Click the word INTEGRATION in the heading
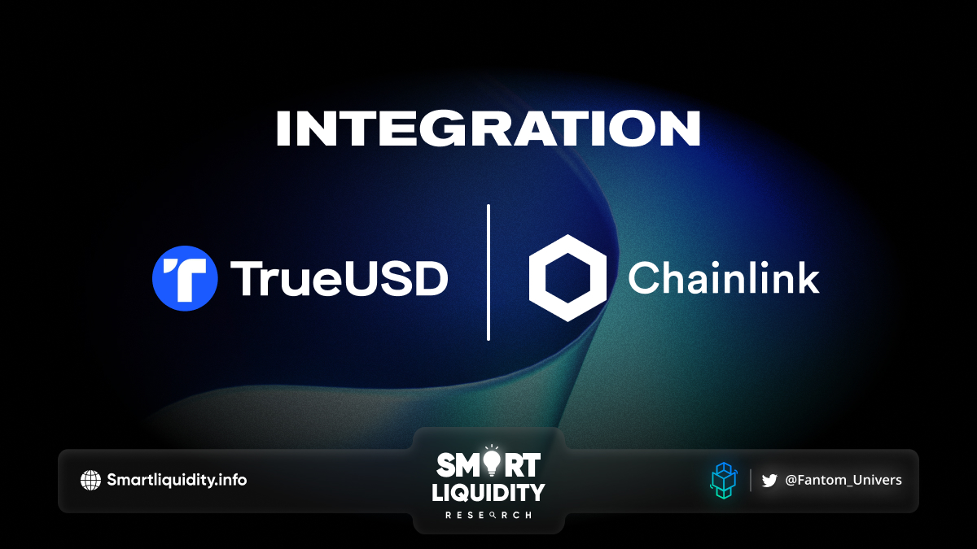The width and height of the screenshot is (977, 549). pyautogui.click(x=488, y=129)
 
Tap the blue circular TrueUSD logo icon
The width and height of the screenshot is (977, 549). pyautogui.click(x=185, y=278)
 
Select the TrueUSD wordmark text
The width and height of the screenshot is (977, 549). pyautogui.click(x=340, y=279)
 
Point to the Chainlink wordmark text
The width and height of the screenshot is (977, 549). pyautogui.click(x=724, y=277)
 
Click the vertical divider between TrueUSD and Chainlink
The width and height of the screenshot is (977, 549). pyautogui.click(x=488, y=272)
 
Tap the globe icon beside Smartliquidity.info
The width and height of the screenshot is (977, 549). pyautogui.click(x=90, y=480)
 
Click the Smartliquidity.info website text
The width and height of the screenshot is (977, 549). pyautogui.click(x=177, y=480)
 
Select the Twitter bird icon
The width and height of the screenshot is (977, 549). pyautogui.click(x=769, y=481)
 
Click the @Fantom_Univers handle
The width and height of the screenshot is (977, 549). pyautogui.click(x=843, y=480)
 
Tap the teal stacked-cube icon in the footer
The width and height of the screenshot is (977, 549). pyautogui.click(x=724, y=481)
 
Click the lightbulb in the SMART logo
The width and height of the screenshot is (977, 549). pyautogui.click(x=492, y=462)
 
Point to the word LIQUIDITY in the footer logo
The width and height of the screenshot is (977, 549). pyautogui.click(x=488, y=493)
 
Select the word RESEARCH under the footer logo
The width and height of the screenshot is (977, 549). pyautogui.click(x=488, y=515)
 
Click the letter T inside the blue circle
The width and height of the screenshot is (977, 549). pyautogui.click(x=186, y=279)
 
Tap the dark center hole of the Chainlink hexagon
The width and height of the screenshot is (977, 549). pyautogui.click(x=567, y=278)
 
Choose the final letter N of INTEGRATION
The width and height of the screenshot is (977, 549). pyautogui.click(x=682, y=129)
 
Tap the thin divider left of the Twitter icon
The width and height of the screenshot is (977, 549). pyautogui.click(x=751, y=480)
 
